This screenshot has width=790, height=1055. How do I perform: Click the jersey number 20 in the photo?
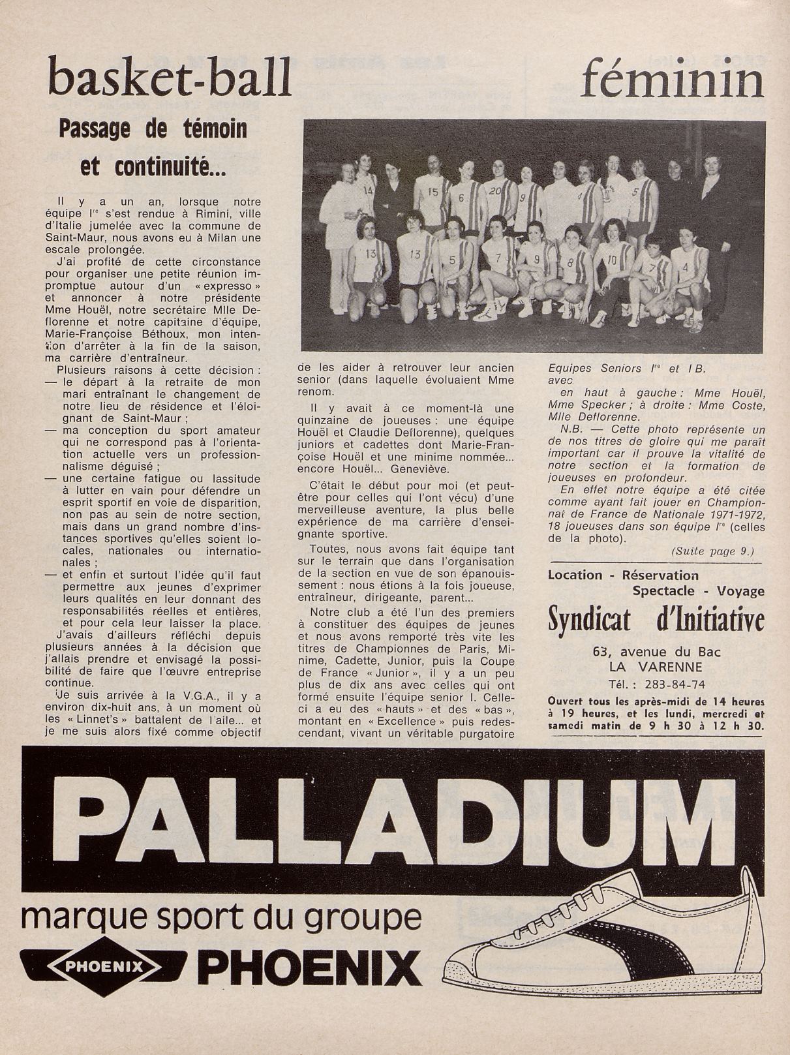pos(494,191)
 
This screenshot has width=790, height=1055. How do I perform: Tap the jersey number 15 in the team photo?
pos(433,192)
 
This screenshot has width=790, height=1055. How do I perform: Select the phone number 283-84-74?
pos(673,684)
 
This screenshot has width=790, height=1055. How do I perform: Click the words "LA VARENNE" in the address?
pos(655,667)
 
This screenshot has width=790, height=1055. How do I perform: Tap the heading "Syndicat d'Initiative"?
pos(655,620)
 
